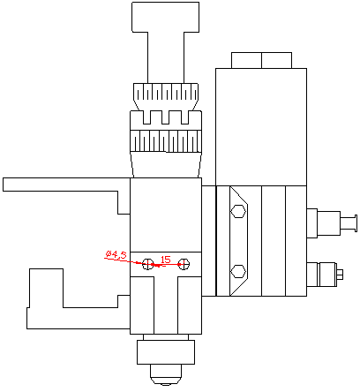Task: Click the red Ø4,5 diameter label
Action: [x=116, y=254]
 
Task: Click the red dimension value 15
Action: [x=165, y=259]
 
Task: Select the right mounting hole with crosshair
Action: [x=184, y=263]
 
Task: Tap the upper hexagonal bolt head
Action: [x=236, y=211]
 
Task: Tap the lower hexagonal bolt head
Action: [x=236, y=271]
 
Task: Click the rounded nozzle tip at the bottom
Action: [x=165, y=377]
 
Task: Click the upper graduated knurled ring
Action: [x=166, y=93]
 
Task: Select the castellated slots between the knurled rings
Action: [x=166, y=118]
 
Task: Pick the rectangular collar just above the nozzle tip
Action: [x=165, y=352]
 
